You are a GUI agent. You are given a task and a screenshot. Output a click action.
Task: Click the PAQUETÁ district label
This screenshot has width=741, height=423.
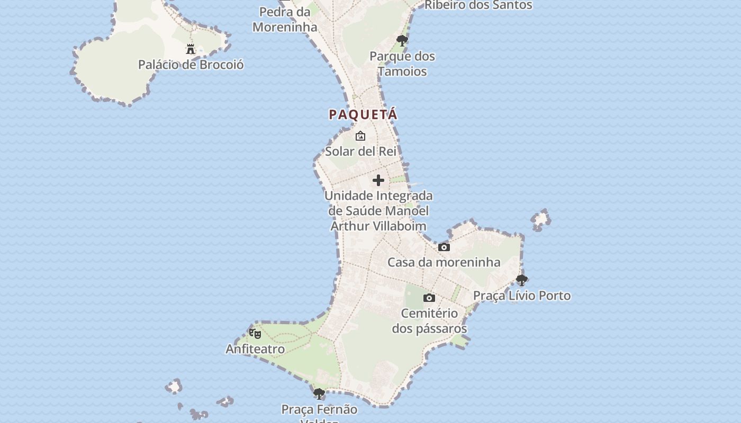363,114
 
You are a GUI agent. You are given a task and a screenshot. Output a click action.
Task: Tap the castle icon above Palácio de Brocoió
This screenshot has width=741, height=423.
191,49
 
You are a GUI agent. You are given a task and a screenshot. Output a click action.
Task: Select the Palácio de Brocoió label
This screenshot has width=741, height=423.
191,65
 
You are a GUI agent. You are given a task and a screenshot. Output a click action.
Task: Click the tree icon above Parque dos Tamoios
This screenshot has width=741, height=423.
402,40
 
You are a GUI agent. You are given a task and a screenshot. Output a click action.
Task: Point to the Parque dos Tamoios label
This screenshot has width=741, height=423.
402,63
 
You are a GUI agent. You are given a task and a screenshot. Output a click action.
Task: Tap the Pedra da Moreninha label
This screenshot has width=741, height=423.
285,19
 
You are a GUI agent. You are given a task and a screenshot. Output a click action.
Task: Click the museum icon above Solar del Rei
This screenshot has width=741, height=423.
360,136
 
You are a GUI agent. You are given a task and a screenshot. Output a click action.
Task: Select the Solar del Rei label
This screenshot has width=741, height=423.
361,151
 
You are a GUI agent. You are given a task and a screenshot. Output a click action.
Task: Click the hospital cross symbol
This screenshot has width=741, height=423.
378,180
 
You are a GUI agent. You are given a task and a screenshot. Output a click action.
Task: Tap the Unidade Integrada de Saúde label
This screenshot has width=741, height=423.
378,210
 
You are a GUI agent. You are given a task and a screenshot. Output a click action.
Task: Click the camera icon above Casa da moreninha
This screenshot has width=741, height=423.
444,247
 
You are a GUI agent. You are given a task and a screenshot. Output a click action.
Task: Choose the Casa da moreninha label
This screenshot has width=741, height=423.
444,262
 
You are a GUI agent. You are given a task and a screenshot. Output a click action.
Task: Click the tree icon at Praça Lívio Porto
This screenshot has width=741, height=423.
522,280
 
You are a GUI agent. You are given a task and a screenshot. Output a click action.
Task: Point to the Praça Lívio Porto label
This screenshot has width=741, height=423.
522,296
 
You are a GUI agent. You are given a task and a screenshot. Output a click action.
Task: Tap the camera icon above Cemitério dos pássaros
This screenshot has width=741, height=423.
429,298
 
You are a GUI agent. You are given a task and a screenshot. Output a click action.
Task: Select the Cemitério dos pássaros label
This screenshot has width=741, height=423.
429,321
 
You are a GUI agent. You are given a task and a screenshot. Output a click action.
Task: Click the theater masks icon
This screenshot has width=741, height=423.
255,334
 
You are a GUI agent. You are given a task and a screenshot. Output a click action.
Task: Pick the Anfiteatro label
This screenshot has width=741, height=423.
255,349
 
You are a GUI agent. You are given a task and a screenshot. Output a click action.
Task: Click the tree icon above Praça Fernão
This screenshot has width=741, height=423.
319,394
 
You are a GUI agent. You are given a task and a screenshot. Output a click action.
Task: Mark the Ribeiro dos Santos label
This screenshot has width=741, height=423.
478,5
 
